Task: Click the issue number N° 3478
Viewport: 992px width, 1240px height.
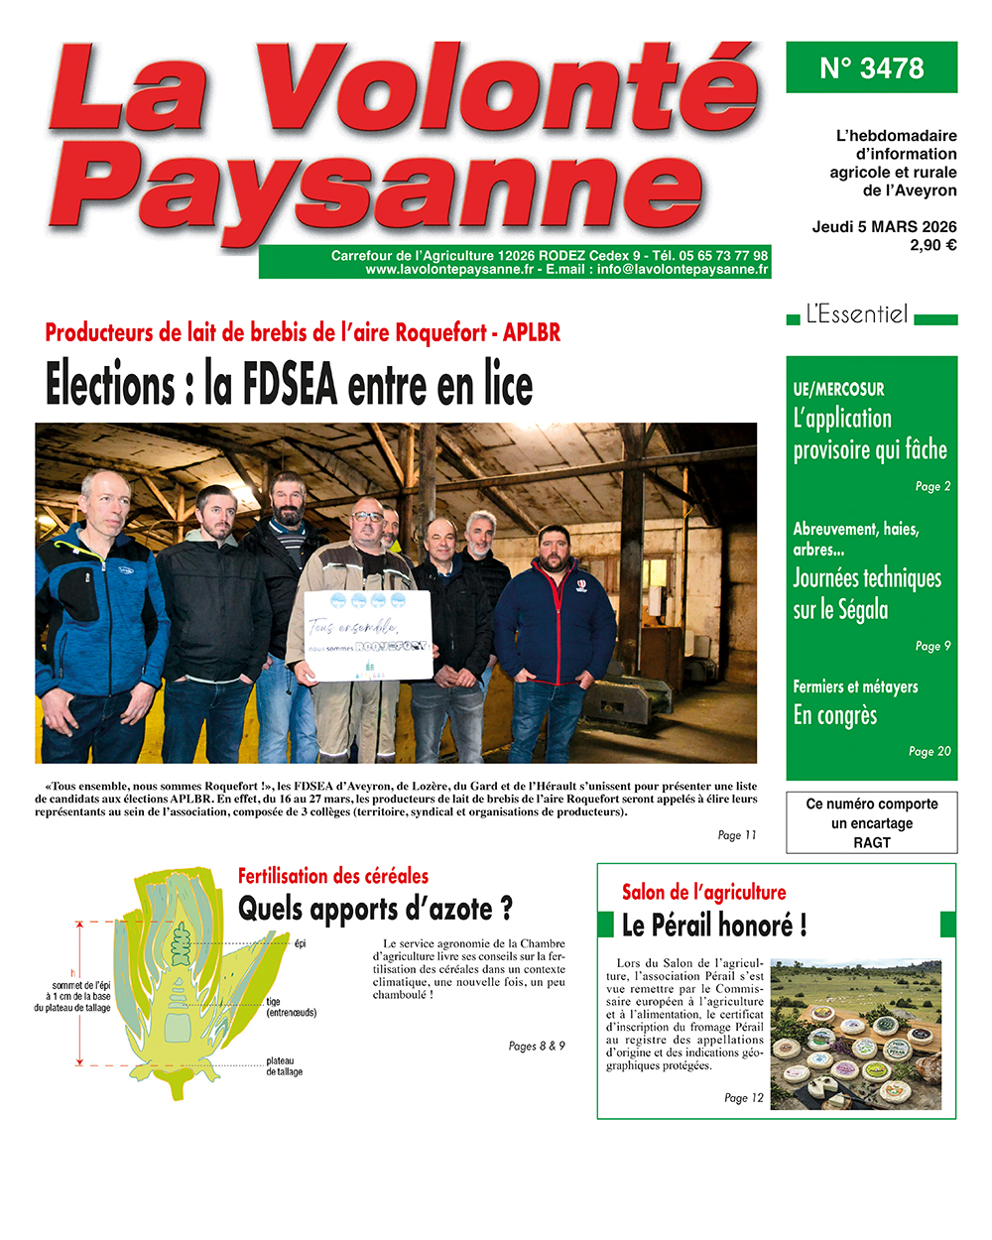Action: [871, 67]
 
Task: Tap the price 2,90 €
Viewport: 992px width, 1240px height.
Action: [932, 245]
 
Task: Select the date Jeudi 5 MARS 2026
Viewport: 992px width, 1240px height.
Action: [884, 226]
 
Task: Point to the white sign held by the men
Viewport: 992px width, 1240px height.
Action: [368, 635]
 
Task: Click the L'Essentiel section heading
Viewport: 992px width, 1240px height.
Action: [856, 315]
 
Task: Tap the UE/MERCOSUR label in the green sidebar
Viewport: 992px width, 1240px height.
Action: [838, 389]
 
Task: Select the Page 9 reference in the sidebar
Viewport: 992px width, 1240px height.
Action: [931, 646]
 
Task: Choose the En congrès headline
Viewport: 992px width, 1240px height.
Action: [835, 715]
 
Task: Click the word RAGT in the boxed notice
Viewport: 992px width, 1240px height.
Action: [872, 842]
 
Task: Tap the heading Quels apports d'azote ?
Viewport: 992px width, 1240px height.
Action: [375, 909]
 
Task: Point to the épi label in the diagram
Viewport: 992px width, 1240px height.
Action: [301, 943]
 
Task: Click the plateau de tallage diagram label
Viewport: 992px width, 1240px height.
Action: [285, 1066]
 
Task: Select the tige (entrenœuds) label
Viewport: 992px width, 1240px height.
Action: [291, 1007]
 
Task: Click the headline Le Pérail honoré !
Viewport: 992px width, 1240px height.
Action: [714, 926]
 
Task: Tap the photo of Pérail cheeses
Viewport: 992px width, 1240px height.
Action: [855, 1034]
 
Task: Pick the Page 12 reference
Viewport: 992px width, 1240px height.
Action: [743, 1097]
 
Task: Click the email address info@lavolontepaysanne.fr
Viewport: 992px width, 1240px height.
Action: [682, 269]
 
